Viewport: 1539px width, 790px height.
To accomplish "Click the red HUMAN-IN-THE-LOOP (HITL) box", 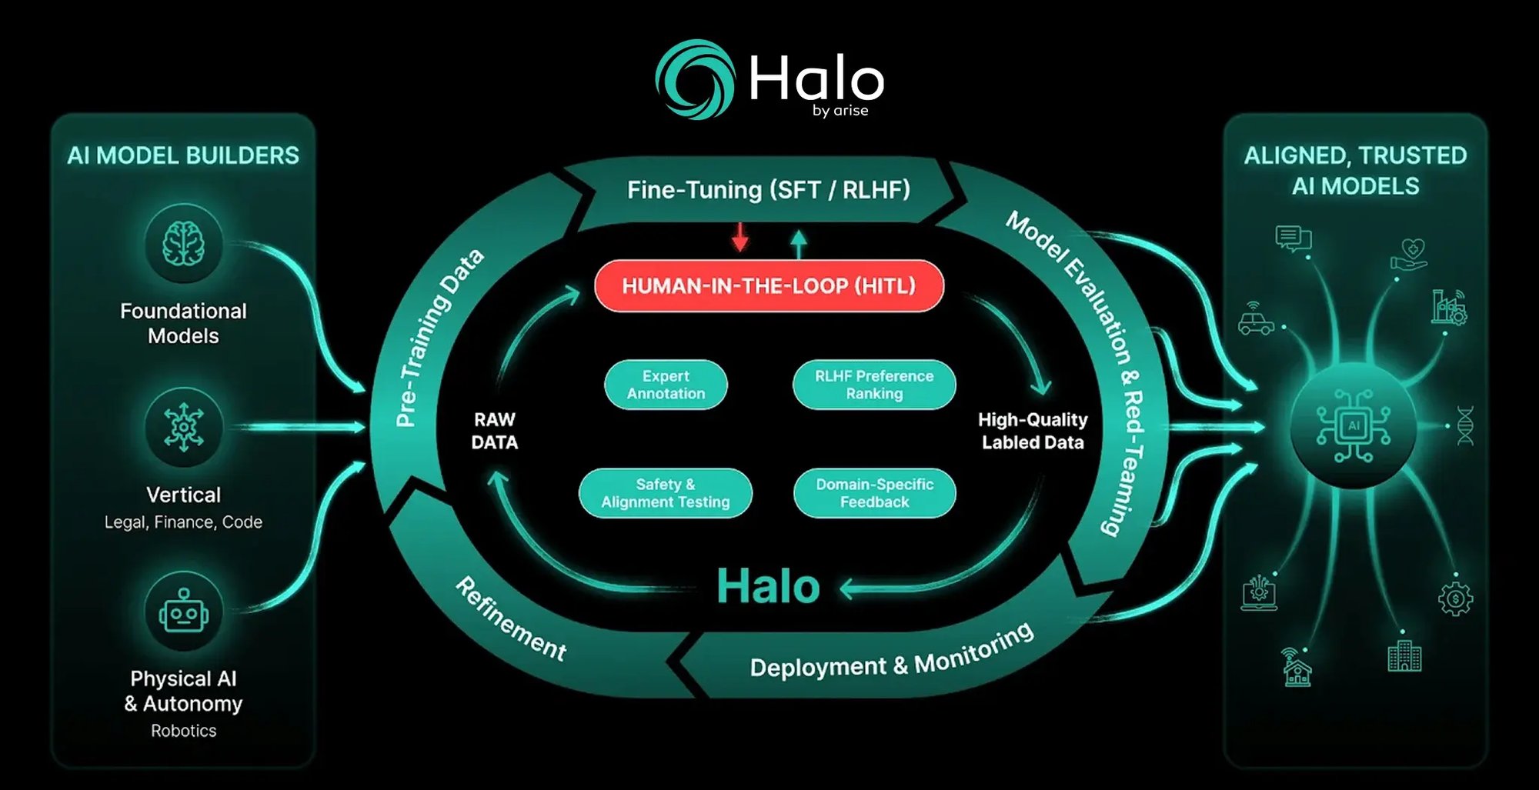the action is click(x=769, y=285).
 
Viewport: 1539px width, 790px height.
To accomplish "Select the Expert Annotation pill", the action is click(x=666, y=385).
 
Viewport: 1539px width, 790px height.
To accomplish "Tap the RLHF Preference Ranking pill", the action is click(x=874, y=385).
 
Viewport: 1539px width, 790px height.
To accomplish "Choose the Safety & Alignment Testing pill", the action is click(x=665, y=493).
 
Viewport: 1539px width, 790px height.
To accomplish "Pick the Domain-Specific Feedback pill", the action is click(x=874, y=493).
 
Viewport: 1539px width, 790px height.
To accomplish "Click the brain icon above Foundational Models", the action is click(x=183, y=243).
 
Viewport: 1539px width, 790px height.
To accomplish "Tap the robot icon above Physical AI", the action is click(x=183, y=612).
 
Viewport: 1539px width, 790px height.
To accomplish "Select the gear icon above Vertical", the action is click(x=183, y=427).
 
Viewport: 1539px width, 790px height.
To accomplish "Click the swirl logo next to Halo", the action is click(x=695, y=79).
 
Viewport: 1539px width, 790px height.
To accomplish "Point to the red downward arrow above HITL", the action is click(x=740, y=237).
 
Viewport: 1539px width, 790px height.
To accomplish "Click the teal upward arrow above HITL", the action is click(x=799, y=245).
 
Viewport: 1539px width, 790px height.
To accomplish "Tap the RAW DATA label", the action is click(x=494, y=431).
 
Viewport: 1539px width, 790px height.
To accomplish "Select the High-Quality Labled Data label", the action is click(x=1033, y=431).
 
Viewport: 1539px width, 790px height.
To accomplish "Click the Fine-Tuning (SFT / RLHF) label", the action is click(x=769, y=190).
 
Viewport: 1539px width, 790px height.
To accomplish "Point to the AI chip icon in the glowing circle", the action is click(x=1354, y=425).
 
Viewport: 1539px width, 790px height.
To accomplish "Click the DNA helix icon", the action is click(x=1465, y=425).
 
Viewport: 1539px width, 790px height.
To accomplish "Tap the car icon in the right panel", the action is click(x=1256, y=319).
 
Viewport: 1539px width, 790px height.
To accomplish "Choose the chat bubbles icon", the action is click(x=1293, y=238).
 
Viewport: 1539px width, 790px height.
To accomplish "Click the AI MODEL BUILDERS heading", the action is click(x=183, y=155).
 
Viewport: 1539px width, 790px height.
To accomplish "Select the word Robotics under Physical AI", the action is click(x=183, y=731).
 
